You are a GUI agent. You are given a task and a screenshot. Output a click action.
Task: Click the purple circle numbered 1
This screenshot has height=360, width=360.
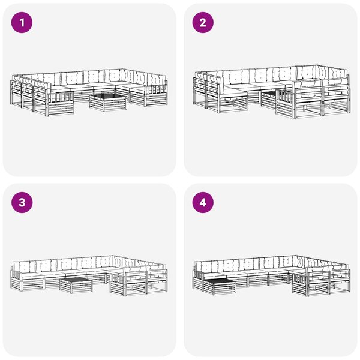(22, 23)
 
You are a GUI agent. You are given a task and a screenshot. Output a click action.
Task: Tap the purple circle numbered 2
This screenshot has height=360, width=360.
(203, 23)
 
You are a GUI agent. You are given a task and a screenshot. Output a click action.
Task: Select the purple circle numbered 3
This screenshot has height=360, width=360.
(22, 203)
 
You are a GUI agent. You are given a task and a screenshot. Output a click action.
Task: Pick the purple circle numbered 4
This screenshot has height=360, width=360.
(203, 203)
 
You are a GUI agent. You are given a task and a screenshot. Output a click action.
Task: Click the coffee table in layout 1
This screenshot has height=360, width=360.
(107, 102)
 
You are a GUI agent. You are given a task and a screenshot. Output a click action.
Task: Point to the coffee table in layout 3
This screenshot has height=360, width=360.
(76, 284)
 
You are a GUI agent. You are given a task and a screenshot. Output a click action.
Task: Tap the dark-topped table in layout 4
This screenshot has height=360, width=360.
(219, 286)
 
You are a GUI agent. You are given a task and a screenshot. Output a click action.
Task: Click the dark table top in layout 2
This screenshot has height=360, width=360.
(269, 94)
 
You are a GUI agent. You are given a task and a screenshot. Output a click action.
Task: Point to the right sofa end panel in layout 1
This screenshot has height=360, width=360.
(156, 95)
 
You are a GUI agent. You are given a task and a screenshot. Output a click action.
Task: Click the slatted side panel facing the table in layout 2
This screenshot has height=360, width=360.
(285, 103)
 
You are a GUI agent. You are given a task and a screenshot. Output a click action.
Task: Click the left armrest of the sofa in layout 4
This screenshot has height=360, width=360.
(198, 280)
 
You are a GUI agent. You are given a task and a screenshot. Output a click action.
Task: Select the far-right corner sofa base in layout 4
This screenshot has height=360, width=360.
(340, 282)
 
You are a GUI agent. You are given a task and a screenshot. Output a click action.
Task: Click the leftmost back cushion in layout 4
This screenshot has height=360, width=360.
(206, 266)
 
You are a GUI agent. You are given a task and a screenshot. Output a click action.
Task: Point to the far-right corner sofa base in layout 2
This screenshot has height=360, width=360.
(337, 99)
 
